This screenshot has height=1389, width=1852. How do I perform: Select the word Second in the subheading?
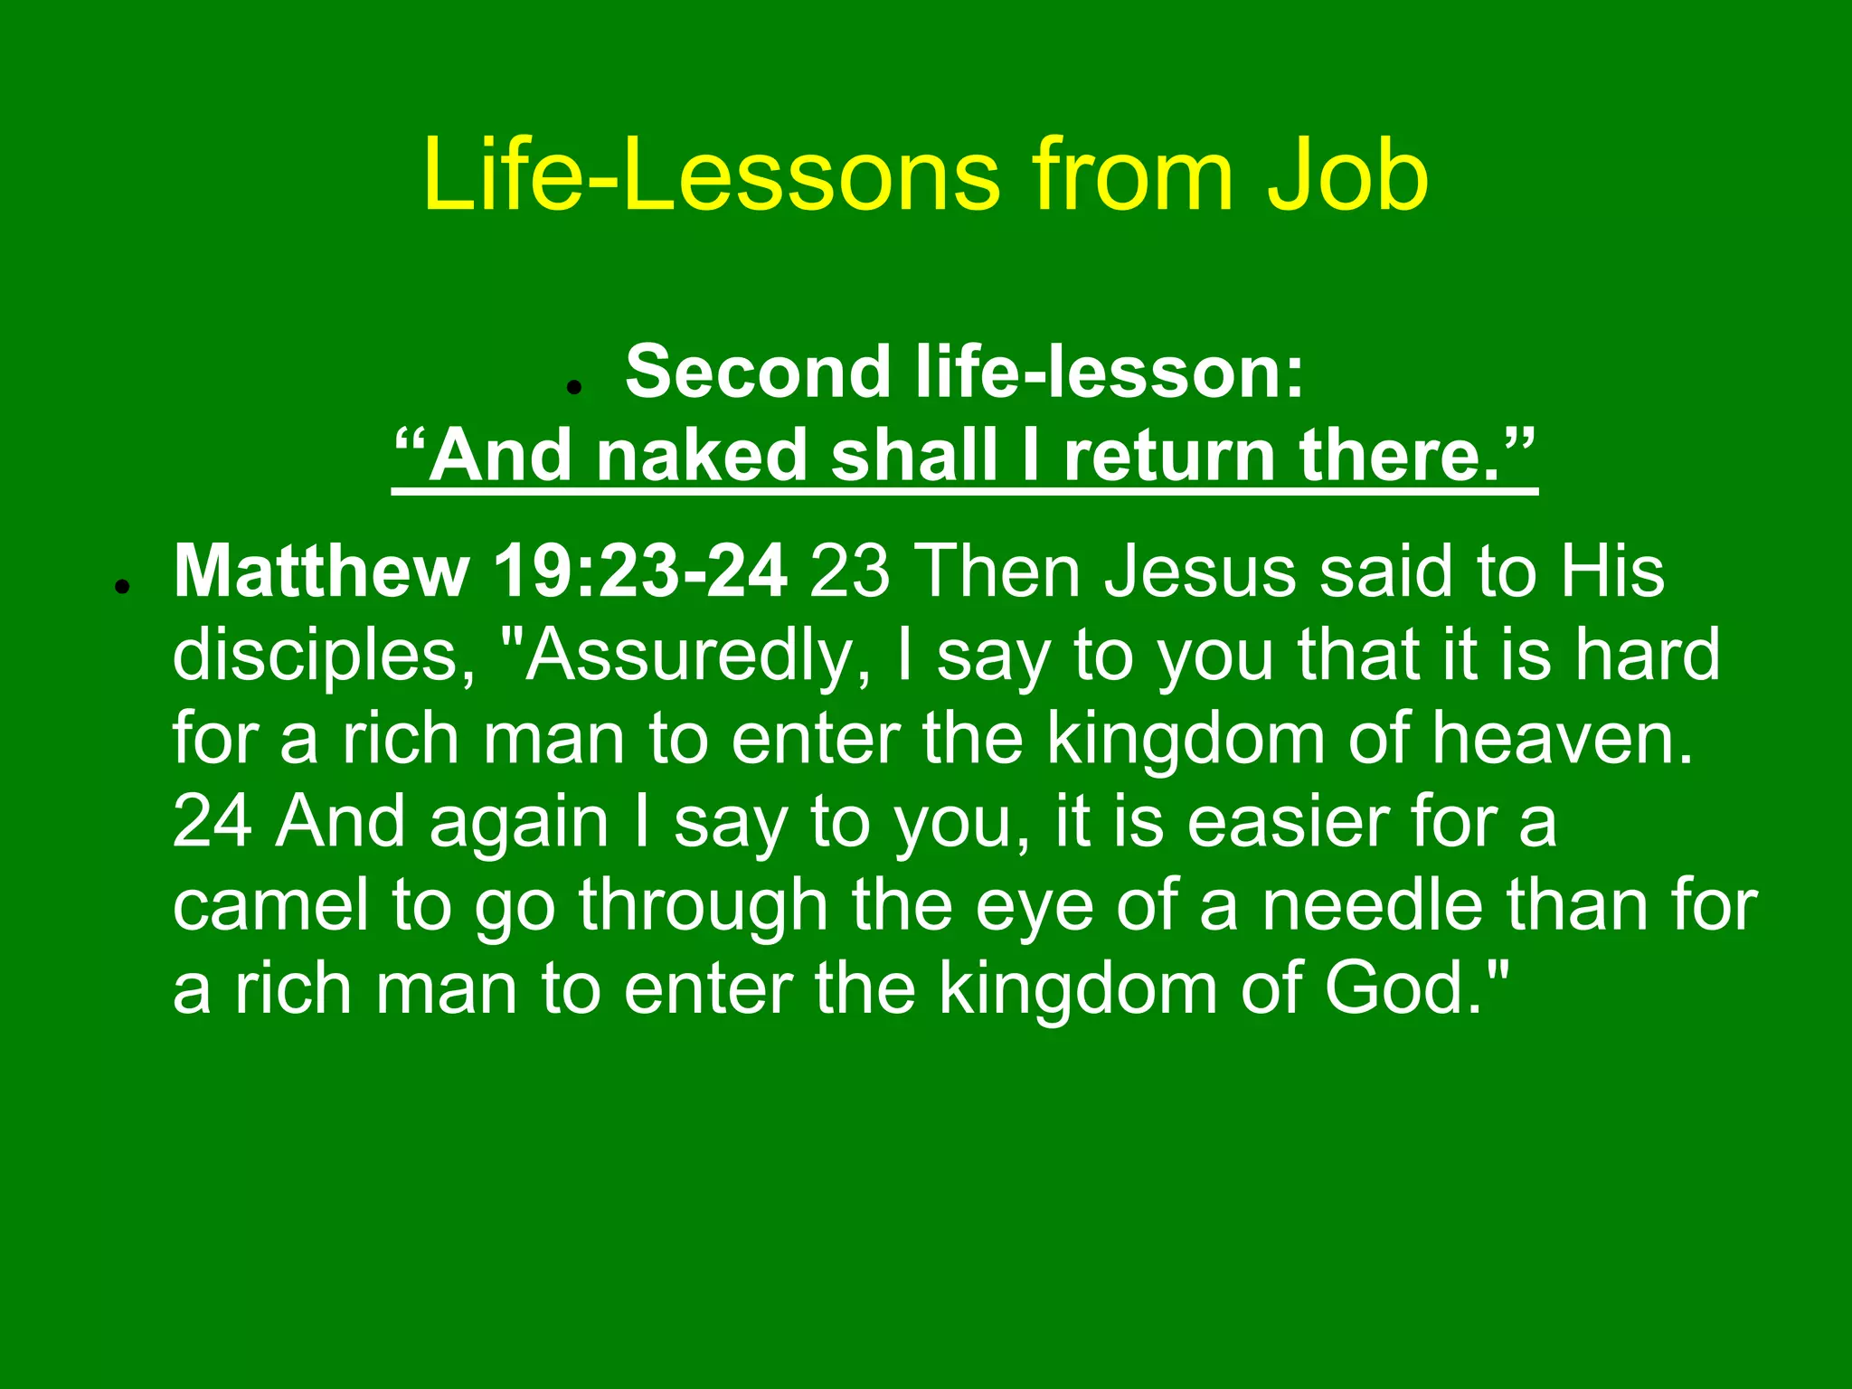tap(758, 372)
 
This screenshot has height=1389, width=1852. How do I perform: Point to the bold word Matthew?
tap(321, 572)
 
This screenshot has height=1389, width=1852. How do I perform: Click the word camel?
tap(271, 905)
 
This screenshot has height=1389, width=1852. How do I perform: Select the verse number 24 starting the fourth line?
tap(212, 822)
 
